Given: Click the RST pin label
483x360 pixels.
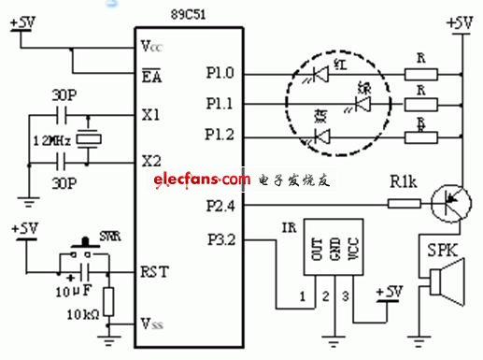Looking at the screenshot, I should coord(154,273).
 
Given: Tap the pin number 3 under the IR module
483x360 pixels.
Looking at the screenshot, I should coord(347,296).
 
